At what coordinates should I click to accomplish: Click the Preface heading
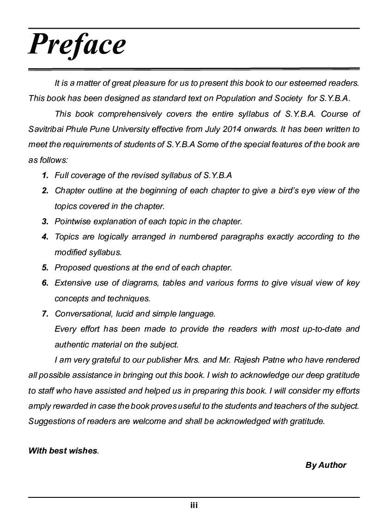[x=77, y=44]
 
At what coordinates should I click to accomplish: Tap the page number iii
[x=194, y=506]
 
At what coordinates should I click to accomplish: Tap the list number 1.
[x=45, y=175]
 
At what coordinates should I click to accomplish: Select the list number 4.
[x=45, y=237]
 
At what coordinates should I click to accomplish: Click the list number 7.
[x=45, y=314]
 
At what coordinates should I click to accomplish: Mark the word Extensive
[x=73, y=283]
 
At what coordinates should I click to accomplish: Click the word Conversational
[x=83, y=314]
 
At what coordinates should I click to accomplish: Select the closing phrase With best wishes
[x=63, y=450]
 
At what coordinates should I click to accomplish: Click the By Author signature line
[x=326, y=465]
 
